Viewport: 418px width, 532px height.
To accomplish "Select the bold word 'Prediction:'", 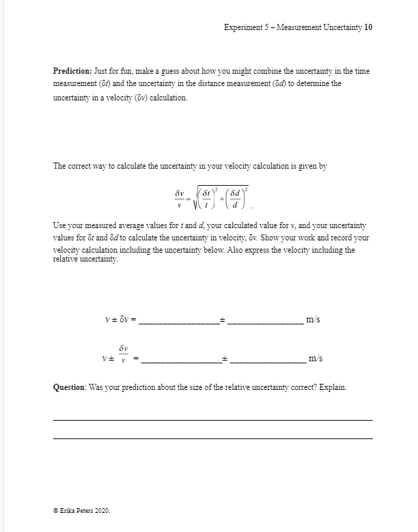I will click(x=73, y=71).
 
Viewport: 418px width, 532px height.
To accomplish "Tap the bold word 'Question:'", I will click(x=71, y=387).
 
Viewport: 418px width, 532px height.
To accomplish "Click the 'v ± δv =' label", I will click(x=122, y=320).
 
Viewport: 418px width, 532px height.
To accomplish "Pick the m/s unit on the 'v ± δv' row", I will click(x=313, y=319).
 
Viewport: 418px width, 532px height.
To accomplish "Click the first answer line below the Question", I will click(x=212, y=419).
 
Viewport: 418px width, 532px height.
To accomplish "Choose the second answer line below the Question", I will click(x=212, y=437).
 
